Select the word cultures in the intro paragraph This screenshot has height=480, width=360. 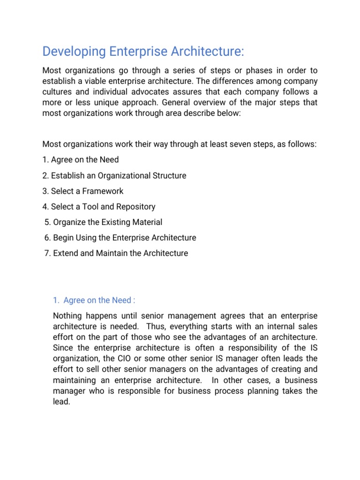pyautogui.click(x=57, y=92)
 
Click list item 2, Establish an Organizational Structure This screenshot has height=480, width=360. pyautogui.click(x=114, y=175)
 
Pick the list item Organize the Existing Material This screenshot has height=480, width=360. pyautogui.click(x=104, y=222)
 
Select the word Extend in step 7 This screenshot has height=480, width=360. pyautogui.click(x=66, y=253)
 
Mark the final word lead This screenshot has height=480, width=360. pyautogui.click(x=61, y=402)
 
